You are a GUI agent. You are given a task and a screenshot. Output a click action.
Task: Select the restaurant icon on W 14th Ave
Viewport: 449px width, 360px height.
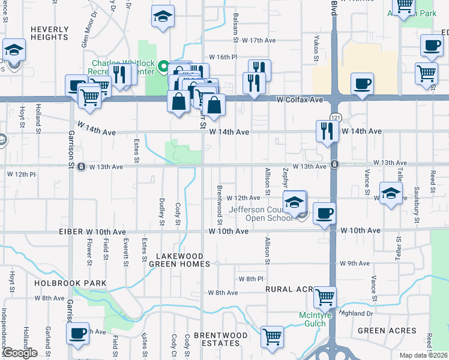(327, 131)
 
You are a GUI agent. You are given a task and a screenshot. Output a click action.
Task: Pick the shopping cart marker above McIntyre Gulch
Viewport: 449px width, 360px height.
(325, 296)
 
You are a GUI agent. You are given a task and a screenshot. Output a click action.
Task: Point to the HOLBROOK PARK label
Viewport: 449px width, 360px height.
(70, 283)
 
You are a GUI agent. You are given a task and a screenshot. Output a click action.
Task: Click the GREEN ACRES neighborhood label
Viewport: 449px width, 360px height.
(387, 331)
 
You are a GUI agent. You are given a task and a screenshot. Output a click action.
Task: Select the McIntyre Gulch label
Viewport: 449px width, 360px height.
(313, 319)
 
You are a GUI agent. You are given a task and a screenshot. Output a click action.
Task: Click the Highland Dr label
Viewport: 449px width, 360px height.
(355, 313)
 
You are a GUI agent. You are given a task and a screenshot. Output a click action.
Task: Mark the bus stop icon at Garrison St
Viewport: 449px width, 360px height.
(81, 167)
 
